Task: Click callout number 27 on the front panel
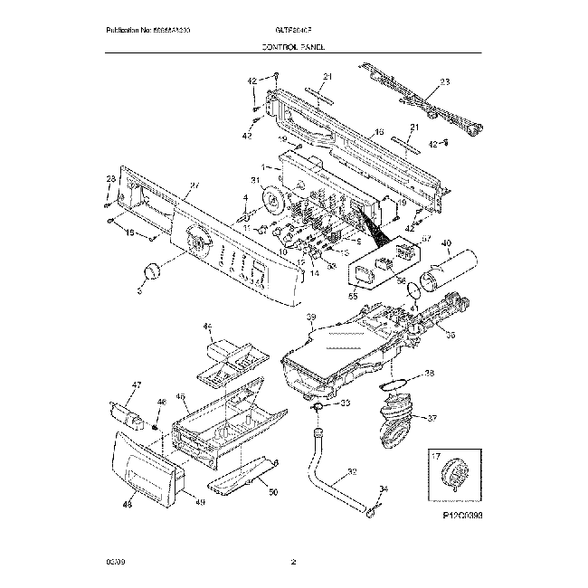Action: (193, 188)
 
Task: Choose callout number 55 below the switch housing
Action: (354, 295)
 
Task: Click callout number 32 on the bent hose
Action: (352, 472)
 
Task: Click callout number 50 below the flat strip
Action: (274, 492)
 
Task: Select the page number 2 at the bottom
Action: (293, 564)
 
